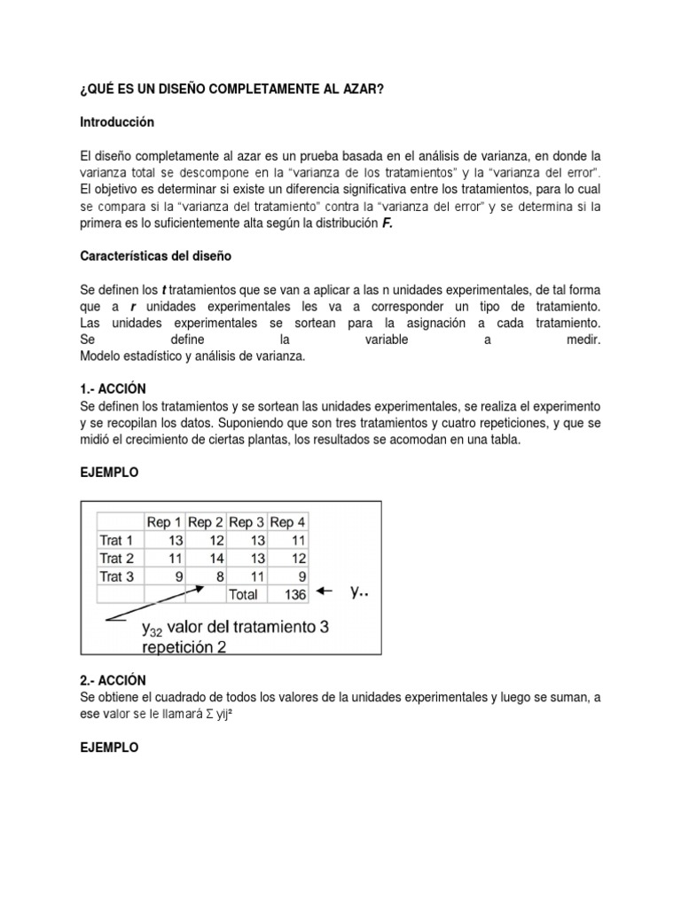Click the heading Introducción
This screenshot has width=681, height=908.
pyautogui.click(x=117, y=121)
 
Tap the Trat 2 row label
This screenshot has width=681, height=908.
pyautogui.click(x=117, y=558)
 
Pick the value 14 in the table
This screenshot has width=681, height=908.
pyautogui.click(x=215, y=558)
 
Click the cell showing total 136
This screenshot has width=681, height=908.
pyautogui.click(x=289, y=594)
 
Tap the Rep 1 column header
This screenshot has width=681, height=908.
pyautogui.click(x=164, y=522)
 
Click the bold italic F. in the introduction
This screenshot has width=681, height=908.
pyautogui.click(x=387, y=223)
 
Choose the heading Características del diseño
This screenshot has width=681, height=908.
pyautogui.click(x=155, y=255)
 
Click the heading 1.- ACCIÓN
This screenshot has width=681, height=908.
pyautogui.click(x=113, y=389)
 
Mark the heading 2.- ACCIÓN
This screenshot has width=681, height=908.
pyautogui.click(x=113, y=680)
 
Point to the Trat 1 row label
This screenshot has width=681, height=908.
pyautogui.click(x=117, y=540)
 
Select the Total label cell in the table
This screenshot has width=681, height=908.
pyautogui.click(x=245, y=594)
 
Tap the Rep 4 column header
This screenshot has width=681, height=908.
pyautogui.click(x=287, y=522)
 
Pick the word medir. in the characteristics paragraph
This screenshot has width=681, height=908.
pyautogui.click(x=583, y=340)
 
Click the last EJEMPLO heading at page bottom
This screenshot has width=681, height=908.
pyautogui.click(x=109, y=748)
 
